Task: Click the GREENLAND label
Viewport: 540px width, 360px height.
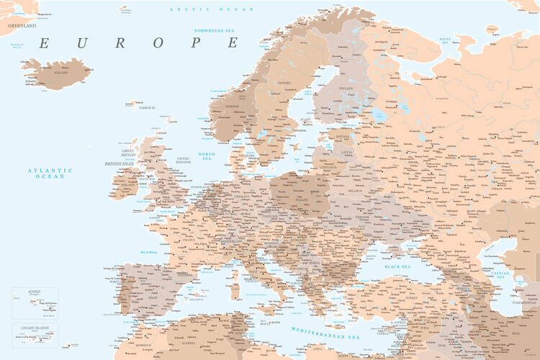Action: pos(22,24)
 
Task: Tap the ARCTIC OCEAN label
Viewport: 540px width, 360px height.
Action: pos(212,9)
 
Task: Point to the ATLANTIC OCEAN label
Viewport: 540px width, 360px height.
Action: pos(50,173)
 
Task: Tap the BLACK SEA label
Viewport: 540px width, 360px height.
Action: pos(397,266)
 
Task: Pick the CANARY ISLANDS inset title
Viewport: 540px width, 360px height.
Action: pos(35,328)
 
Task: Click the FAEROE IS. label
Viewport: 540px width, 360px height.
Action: pos(147,107)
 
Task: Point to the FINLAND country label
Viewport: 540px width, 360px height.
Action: pos(346,89)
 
